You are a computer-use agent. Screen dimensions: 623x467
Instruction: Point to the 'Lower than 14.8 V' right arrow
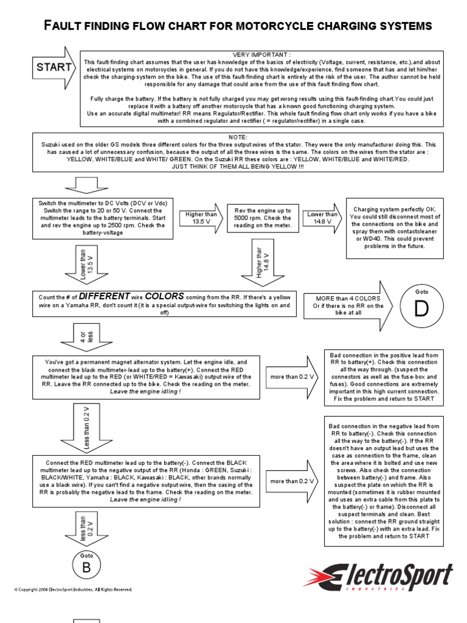click(x=322, y=218)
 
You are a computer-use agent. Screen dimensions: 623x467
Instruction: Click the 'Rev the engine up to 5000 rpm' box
click(x=263, y=218)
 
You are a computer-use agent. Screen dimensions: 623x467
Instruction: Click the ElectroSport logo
click(x=379, y=577)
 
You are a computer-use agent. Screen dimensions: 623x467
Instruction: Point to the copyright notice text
click(x=73, y=590)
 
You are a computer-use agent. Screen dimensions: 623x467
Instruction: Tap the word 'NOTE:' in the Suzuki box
click(x=238, y=137)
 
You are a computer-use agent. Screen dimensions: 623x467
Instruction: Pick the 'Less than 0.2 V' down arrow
click(x=86, y=430)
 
